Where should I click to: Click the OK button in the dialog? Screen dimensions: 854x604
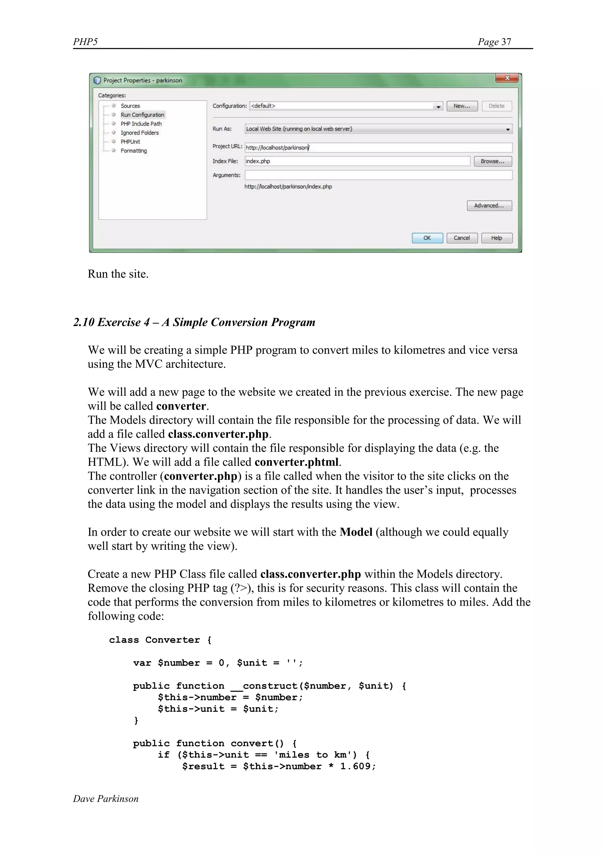tap(427, 238)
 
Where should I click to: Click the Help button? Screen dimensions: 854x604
tap(497, 238)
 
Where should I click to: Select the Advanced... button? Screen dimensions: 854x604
tap(489, 205)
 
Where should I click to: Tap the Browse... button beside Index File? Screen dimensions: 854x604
tap(493, 161)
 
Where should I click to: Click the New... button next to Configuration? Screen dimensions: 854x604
tap(462, 106)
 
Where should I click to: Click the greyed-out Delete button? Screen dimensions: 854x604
tap(497, 106)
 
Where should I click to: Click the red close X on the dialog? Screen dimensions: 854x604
tap(507, 78)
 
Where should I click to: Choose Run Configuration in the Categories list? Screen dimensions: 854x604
tap(142, 115)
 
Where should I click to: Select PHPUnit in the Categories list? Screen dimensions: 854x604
tap(130, 142)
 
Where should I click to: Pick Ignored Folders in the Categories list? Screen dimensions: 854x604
tap(139, 133)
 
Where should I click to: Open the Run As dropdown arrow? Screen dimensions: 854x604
tap(508, 129)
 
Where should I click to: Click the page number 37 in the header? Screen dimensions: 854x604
tap(506, 42)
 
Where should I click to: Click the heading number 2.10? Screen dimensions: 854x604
tap(84, 322)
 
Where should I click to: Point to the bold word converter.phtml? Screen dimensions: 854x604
tap(296, 462)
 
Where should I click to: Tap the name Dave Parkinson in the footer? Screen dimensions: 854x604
tap(106, 799)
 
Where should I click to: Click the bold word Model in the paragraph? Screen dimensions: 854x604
tap(356, 532)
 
